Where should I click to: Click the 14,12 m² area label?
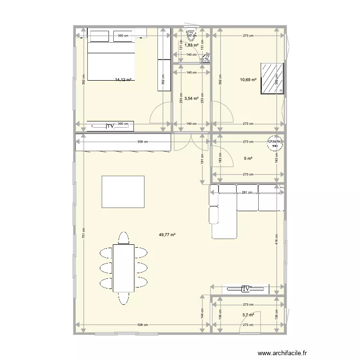(123, 80)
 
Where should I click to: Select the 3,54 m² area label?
(192, 98)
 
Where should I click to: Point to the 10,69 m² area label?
(248, 80)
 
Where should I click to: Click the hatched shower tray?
(272, 79)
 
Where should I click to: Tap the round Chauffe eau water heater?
(275, 144)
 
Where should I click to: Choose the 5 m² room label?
(248, 158)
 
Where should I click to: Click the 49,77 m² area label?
(167, 235)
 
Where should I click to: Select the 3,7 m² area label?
(248, 315)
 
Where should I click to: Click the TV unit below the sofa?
(245, 289)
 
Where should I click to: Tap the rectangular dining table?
(124, 267)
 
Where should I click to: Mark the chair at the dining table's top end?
(124, 238)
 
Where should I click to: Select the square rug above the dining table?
(123, 192)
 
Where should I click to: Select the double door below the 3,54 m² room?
(191, 142)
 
